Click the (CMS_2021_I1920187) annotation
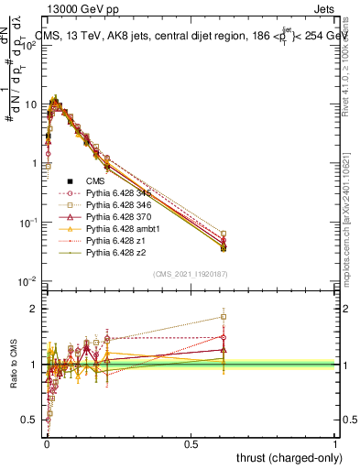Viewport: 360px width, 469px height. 190,273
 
